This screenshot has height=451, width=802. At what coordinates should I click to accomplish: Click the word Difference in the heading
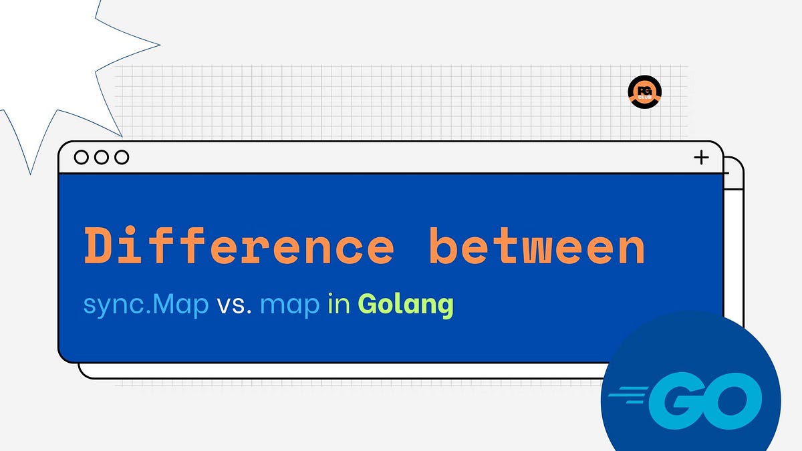point(239,246)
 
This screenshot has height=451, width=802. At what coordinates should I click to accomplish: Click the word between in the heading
point(537,246)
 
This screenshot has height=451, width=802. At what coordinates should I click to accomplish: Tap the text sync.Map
point(146,305)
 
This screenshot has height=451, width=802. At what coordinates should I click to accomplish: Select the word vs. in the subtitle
point(234,305)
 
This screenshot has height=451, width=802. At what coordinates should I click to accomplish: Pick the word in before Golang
point(340,305)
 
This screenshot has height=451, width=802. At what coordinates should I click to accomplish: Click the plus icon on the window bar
point(701,158)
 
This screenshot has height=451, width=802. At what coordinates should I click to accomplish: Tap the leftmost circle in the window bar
point(82,158)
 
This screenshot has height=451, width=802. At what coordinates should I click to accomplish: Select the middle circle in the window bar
point(102,158)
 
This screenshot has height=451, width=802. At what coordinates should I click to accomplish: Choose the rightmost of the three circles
point(122,158)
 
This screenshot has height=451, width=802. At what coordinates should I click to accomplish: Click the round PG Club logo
point(645,93)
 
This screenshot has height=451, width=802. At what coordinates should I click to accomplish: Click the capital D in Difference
point(98,246)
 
